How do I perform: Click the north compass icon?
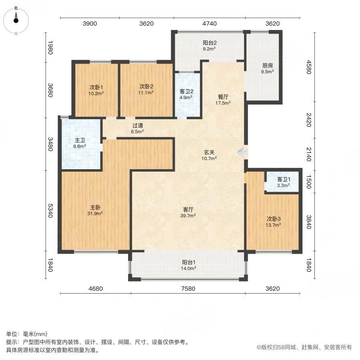(16, 20)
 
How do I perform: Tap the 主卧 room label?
(95, 207)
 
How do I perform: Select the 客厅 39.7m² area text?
(188, 216)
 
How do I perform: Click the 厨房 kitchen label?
(268, 66)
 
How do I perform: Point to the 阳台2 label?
(210, 43)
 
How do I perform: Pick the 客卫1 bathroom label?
(284, 179)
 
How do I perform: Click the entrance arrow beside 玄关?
(243, 152)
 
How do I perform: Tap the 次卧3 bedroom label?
(274, 219)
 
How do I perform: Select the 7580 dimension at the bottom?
(188, 288)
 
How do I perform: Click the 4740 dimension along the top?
(209, 24)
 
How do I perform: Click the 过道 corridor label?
(138, 126)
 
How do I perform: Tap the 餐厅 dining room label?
(223, 97)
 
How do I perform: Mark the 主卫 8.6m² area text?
(80, 146)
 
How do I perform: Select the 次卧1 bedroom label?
(96, 87)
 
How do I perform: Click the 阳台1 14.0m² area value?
(188, 268)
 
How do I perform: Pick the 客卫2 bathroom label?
(186, 91)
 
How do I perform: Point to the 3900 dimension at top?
(90, 24)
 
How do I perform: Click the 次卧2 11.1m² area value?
(146, 92)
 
